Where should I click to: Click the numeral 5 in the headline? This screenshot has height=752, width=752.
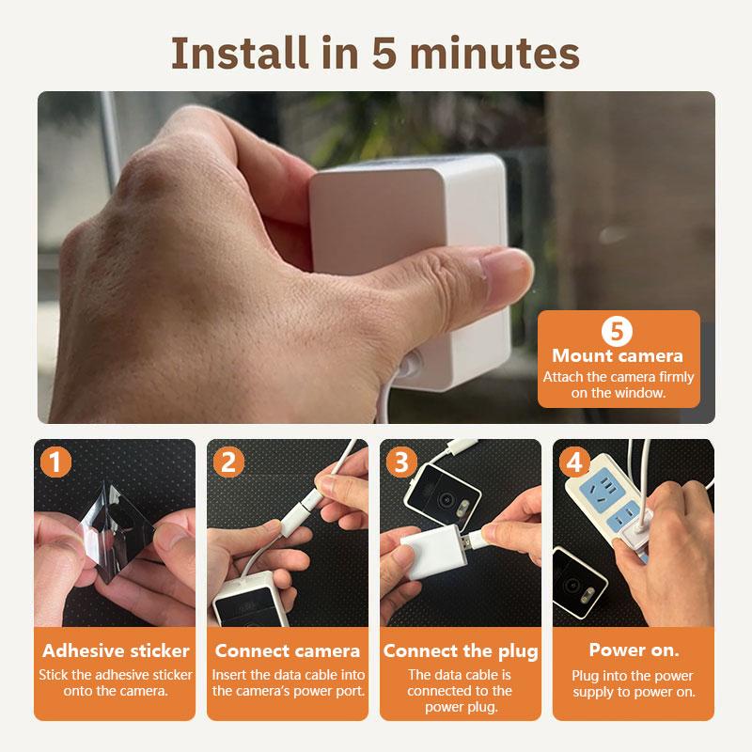[384, 53]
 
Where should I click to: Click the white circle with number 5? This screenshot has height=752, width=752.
[617, 331]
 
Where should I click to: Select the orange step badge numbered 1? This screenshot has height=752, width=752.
[55, 462]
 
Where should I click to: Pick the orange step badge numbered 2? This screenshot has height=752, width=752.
[228, 462]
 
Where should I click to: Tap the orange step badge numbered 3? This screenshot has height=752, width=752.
[401, 462]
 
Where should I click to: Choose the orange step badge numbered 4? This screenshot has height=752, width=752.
[574, 462]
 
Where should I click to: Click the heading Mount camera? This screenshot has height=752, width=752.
[618, 356]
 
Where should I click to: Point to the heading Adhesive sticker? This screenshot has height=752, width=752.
[116, 650]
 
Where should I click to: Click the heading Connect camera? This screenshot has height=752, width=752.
[288, 650]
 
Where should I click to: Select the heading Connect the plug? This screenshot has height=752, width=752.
[461, 651]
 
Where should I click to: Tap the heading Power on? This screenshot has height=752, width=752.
[634, 650]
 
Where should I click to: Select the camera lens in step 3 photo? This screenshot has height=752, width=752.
[447, 499]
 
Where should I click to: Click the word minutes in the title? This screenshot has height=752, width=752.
[494, 53]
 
